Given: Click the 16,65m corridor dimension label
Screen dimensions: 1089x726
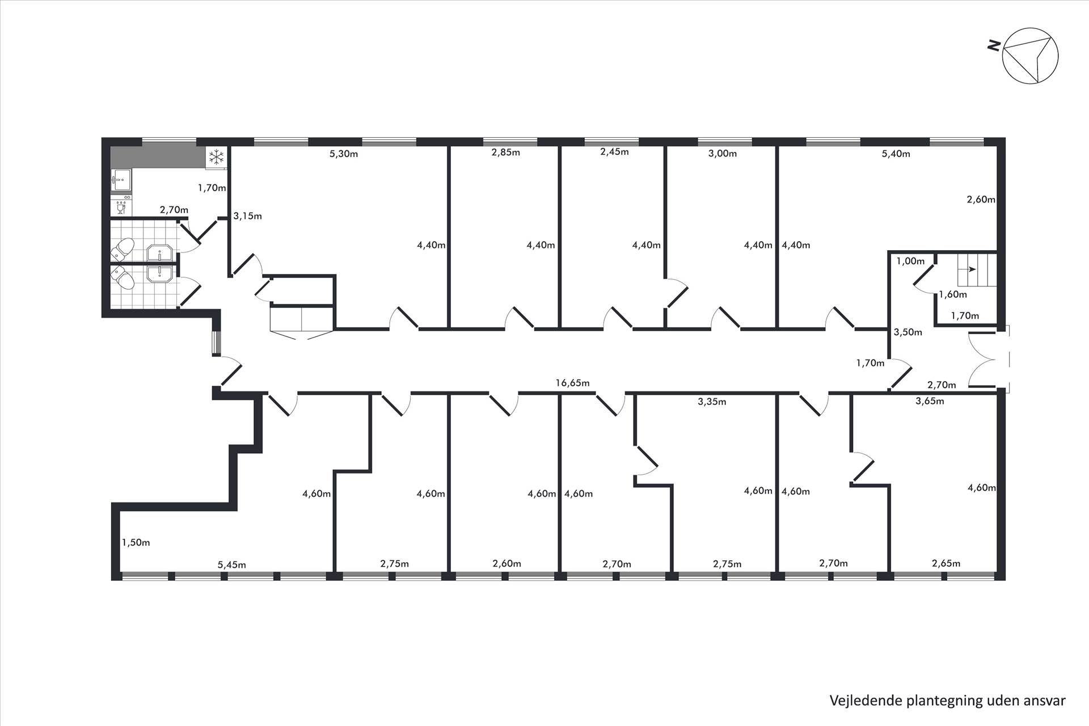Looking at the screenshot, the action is (x=572, y=383).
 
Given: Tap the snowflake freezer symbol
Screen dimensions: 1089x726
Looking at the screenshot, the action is (x=216, y=158).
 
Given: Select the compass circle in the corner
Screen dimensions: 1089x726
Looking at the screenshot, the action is (x=1030, y=56).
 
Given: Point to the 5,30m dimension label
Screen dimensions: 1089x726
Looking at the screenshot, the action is (x=344, y=154).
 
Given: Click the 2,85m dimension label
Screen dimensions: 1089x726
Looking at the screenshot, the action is (x=505, y=152).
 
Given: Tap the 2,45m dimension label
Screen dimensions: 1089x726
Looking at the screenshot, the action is (x=614, y=151).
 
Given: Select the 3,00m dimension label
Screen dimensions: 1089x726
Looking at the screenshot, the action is (x=723, y=153).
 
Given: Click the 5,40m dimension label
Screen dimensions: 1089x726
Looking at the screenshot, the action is (x=896, y=154).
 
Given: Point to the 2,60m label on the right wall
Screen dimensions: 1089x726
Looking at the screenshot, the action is (x=981, y=199).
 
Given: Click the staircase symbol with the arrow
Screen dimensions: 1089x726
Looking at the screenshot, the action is (x=977, y=271).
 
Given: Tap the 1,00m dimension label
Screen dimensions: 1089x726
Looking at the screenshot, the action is (x=910, y=261).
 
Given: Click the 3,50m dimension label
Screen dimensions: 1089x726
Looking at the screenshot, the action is (x=908, y=332).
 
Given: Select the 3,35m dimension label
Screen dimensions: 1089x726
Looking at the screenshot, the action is (x=712, y=402).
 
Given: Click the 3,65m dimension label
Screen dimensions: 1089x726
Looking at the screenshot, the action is (x=930, y=401).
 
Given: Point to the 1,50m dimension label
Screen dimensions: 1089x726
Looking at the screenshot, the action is (x=136, y=542).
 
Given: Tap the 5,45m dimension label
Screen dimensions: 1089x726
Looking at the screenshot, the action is (x=232, y=564).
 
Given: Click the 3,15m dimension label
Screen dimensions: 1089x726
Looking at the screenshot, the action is (x=247, y=216).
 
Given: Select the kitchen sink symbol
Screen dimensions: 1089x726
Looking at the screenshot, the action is (x=121, y=180).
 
